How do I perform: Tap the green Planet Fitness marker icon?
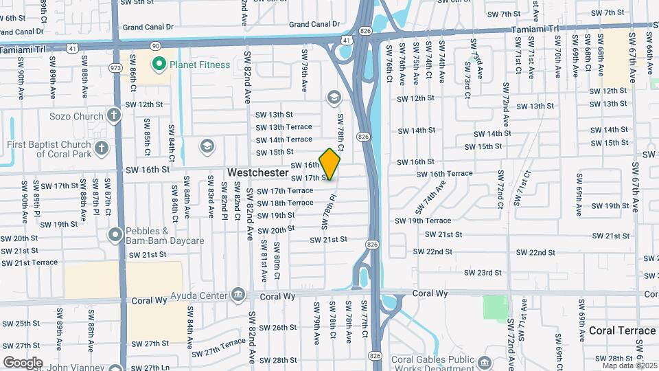tap(159, 65)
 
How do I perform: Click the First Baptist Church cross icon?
tap(101, 148)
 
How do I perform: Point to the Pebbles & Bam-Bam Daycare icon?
tap(114, 236)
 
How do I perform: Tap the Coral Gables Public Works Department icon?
tap(485, 362)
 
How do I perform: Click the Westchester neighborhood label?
tap(258, 172)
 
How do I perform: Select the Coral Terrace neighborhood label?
tap(622, 330)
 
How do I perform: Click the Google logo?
tap(23, 362)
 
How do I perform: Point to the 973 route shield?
tap(115, 68)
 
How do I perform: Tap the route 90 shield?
tap(155, 45)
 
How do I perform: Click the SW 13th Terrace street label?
tap(284, 127)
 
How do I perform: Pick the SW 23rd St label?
tap(483, 273)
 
